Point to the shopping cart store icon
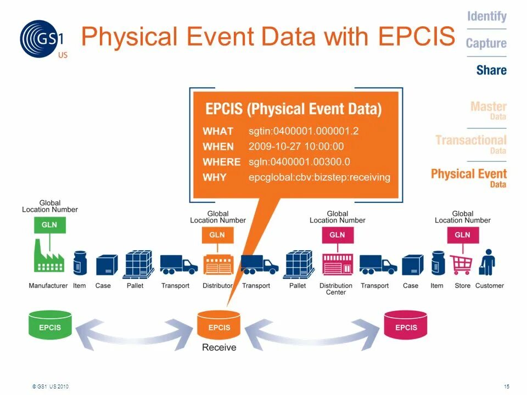[x=462, y=264]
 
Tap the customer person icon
[x=487, y=263]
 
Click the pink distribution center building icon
[x=336, y=264]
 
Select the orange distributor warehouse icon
[x=217, y=264]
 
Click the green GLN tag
[x=49, y=224]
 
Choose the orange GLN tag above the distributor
[x=217, y=235]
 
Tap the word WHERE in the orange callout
[x=221, y=162]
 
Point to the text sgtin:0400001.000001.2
[x=304, y=131]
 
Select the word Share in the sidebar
[x=491, y=70]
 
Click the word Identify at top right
[x=486, y=16]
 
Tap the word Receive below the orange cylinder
[x=219, y=347]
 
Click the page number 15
[x=506, y=387]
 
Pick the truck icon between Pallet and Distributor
[x=178, y=264]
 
